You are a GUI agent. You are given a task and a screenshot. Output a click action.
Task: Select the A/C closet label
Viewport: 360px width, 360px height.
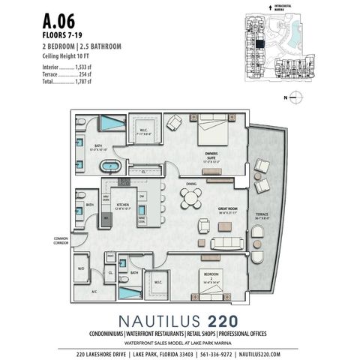pyautogui.click(x=94, y=290)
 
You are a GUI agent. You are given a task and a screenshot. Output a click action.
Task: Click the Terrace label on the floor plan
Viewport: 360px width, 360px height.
pyautogui.click(x=262, y=214)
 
